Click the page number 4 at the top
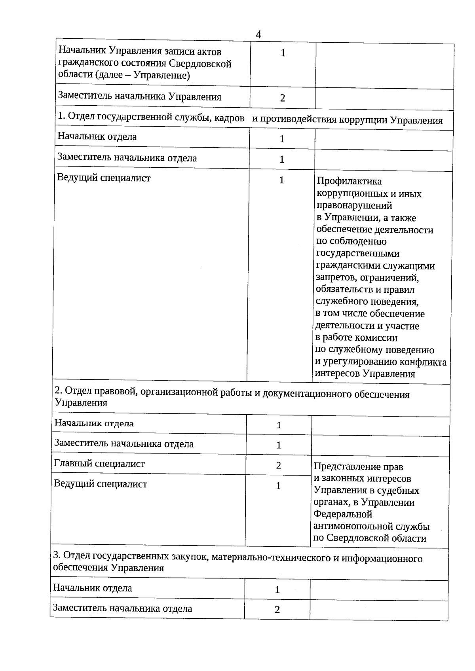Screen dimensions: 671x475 258,35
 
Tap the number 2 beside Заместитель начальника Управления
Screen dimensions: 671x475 282,98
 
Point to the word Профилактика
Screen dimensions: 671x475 349,181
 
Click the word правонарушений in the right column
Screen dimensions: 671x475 354,205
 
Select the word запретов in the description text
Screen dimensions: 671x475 336,278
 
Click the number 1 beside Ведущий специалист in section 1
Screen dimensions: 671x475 281,180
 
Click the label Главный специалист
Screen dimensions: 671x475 99,464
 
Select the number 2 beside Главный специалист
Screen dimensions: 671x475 279,465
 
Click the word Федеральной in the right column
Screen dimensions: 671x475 343,514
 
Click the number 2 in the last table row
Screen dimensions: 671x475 277,610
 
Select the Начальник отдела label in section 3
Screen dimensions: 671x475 92,588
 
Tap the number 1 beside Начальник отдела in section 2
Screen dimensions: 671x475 279,425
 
